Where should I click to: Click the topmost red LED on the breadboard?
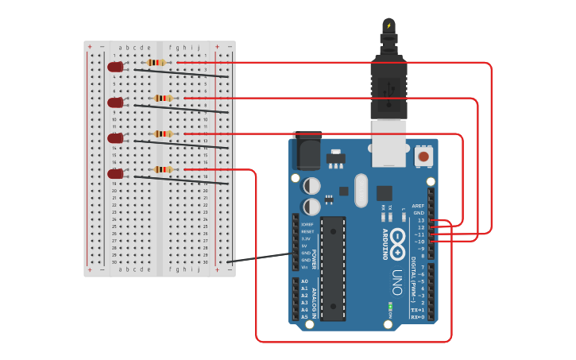tap(116, 67)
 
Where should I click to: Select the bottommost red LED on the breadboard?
tap(116, 173)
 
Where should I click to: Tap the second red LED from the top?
tap(116, 103)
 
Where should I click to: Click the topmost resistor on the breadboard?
tap(156, 62)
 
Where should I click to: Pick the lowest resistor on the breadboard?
tap(163, 169)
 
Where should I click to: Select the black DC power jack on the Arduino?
tap(307, 150)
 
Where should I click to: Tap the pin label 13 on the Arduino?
tap(421, 220)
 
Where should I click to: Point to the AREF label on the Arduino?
tap(418, 206)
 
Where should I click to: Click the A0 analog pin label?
tap(304, 281)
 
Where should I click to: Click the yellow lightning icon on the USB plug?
tap(389, 25)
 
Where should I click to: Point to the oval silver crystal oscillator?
tap(361, 191)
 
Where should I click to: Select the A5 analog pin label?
tap(304, 316)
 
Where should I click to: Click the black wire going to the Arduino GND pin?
tap(262, 257)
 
